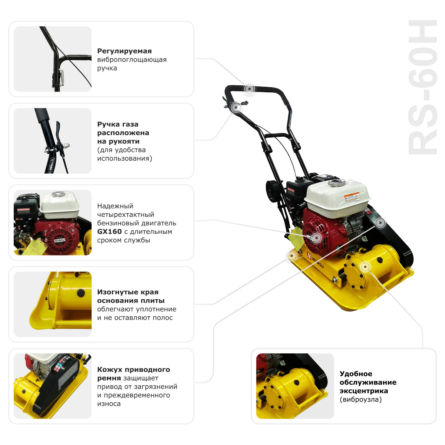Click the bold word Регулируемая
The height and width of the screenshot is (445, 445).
(124, 51)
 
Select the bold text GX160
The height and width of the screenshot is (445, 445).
(109, 232)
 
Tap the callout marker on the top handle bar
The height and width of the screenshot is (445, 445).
(250, 89)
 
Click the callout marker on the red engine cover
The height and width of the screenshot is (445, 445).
(317, 237)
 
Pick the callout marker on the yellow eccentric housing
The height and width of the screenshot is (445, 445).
(365, 267)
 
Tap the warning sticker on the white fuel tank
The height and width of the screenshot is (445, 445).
(352, 198)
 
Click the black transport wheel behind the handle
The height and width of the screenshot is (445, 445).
(273, 192)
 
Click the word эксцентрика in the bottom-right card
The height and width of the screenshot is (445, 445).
(364, 391)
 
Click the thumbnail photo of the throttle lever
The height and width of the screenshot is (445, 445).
(53, 141)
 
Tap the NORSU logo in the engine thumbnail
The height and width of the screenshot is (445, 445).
(60, 240)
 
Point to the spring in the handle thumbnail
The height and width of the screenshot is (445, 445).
(62, 78)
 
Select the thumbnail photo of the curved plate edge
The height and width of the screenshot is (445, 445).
(53, 304)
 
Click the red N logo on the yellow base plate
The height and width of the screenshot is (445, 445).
(309, 256)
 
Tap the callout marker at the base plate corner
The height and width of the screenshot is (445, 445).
(292, 256)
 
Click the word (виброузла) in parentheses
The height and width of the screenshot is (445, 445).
(360, 399)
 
